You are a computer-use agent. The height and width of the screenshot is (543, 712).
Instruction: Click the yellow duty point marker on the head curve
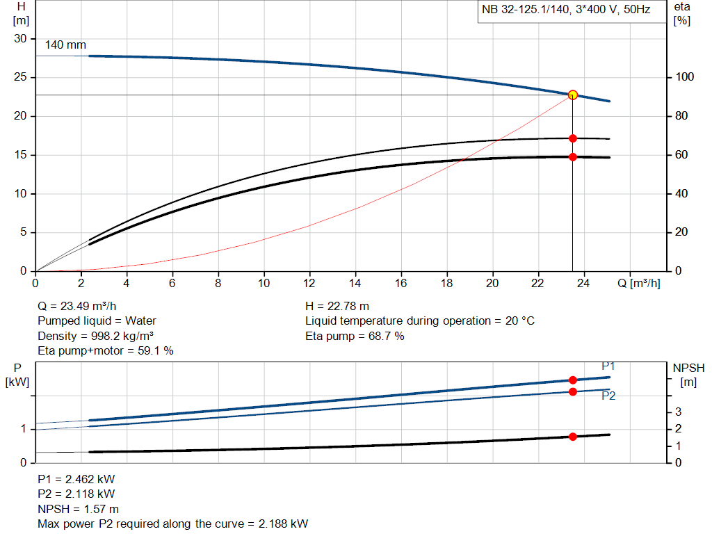573,95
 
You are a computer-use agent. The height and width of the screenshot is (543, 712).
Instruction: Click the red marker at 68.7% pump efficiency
573,138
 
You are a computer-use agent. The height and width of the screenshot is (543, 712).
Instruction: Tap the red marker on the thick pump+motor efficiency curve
573,156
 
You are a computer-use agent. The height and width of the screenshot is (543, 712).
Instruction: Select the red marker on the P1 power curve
573,380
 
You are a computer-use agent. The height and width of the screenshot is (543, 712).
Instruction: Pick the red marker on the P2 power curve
573,391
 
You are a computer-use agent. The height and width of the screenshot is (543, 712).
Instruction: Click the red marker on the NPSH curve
573,437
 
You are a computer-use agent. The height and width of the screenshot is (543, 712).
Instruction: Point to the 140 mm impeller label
65,45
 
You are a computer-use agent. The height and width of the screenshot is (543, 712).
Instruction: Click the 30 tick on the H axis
21,38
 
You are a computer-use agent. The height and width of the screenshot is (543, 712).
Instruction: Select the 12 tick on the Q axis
309,283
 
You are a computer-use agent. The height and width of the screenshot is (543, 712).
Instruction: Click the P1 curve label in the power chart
608,366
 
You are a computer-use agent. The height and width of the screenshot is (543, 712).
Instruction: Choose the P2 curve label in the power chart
608,396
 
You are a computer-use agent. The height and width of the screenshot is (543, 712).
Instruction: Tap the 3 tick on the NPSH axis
679,412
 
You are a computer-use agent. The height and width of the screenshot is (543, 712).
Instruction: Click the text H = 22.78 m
337,306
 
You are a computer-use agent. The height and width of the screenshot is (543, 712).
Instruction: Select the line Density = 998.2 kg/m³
95,336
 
